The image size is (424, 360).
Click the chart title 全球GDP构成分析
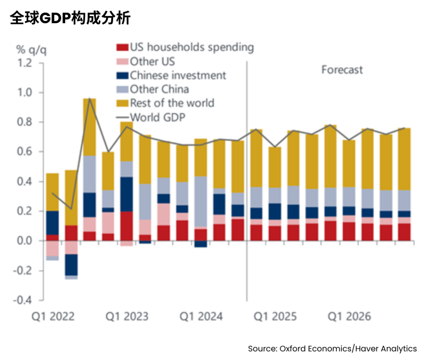pyautogui.click(x=70, y=18)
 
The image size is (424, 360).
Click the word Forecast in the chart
pyautogui.click(x=342, y=70)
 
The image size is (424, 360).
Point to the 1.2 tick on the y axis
pyautogui.click(x=24, y=63)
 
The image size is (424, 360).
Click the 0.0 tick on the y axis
pyautogui.click(x=24, y=241)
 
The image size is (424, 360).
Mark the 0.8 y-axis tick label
pyautogui.click(x=24, y=122)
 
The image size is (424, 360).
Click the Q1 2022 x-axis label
pyautogui.click(x=54, y=316)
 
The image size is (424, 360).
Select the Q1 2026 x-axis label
pyautogui.click(x=349, y=316)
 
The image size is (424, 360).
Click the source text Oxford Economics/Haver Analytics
pyautogui.click(x=332, y=348)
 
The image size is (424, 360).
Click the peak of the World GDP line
pyautogui.click(x=90, y=99)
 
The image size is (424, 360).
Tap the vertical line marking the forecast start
pyautogui.click(x=247, y=176)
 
